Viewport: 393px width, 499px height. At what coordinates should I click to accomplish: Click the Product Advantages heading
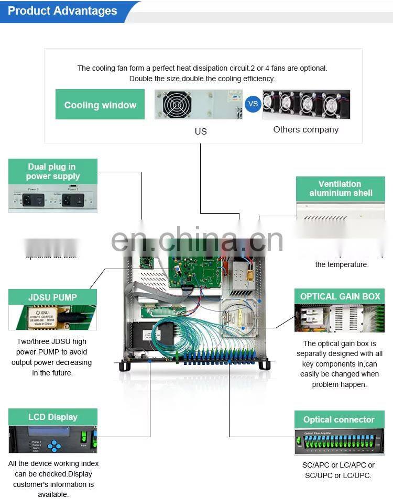click(62, 11)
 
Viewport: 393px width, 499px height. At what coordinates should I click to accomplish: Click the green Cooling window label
click(100, 105)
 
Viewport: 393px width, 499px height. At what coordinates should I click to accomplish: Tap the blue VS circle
click(253, 104)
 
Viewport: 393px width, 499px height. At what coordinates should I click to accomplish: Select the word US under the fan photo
click(201, 131)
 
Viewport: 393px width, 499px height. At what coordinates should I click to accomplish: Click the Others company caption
click(305, 129)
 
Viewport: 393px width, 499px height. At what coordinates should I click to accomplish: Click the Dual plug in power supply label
click(53, 172)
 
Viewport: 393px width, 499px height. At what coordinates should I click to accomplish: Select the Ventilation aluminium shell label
click(340, 188)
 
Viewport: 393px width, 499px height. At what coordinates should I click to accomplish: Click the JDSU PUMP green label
click(52, 297)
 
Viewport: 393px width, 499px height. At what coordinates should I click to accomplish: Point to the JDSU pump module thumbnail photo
click(52, 317)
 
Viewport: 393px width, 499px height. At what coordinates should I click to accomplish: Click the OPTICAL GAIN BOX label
click(340, 296)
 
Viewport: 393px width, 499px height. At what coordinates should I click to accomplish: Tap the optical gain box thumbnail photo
click(340, 318)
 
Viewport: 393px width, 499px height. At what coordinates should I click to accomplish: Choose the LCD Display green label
click(52, 417)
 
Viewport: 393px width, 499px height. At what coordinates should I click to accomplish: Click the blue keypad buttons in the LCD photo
click(54, 446)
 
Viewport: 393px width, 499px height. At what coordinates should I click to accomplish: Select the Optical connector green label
click(339, 419)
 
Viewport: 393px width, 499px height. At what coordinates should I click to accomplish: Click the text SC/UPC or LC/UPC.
click(338, 475)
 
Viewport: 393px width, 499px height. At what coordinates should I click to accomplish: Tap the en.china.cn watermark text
click(197, 240)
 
